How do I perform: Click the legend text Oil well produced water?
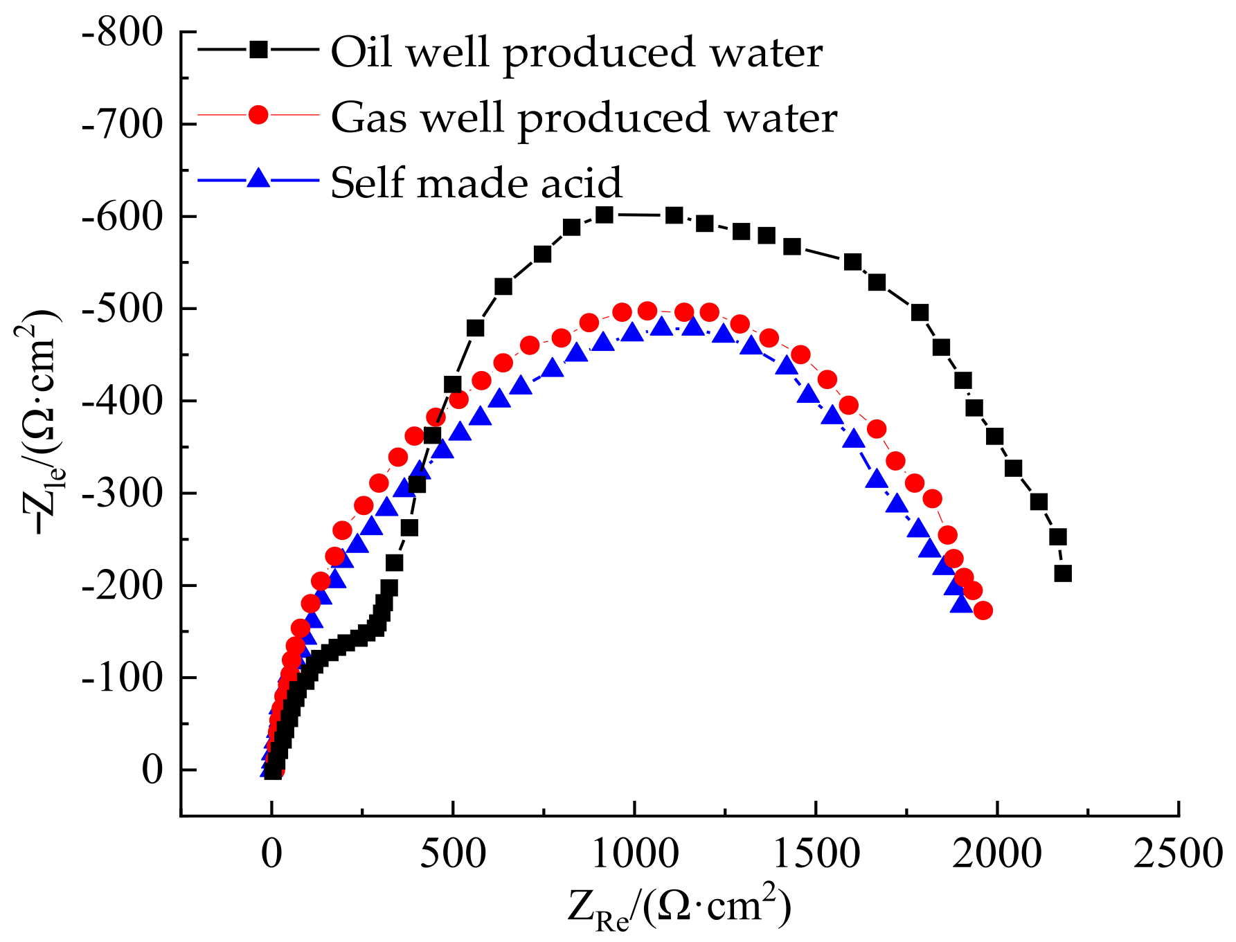point(576,53)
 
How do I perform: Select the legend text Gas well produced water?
point(584,118)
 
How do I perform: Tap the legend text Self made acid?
point(476,183)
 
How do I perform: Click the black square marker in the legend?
point(258,49)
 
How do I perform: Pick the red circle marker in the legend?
point(258,114)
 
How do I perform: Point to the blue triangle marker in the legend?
point(258,179)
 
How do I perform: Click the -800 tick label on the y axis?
point(122,33)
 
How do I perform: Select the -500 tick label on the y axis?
point(122,309)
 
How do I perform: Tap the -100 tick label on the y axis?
point(122,678)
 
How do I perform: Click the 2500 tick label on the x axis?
point(1178,853)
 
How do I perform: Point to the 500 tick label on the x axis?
point(453,853)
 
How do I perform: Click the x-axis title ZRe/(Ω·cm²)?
point(679,907)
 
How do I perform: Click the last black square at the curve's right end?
point(1063,573)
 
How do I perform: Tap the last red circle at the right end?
point(983,610)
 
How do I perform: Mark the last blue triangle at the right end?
point(961,604)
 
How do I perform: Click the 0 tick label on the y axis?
point(152,770)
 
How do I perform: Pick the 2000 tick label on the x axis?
point(996,853)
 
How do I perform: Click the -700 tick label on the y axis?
point(122,125)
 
